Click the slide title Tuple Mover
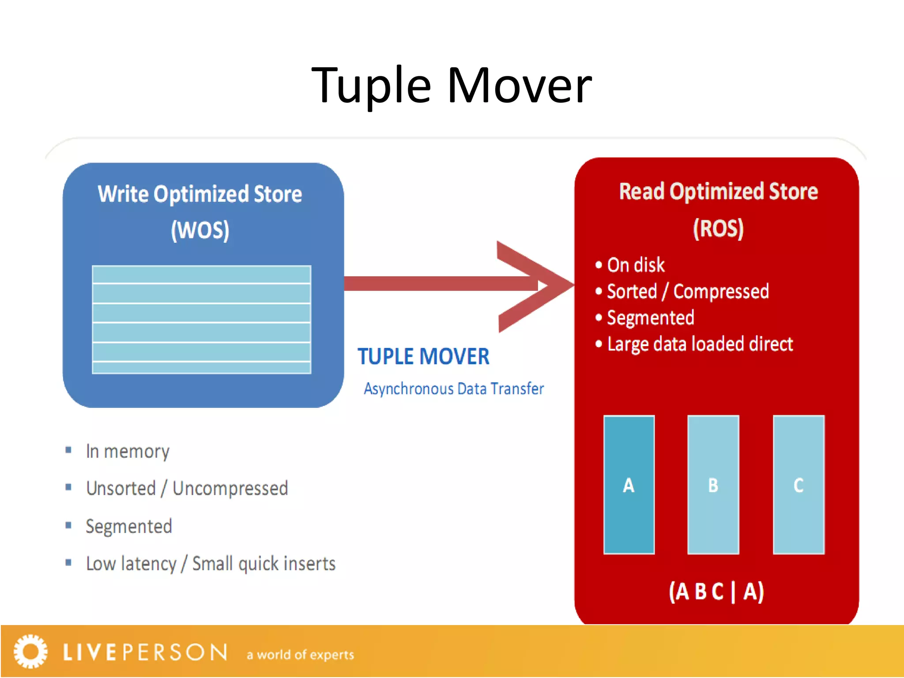click(x=451, y=85)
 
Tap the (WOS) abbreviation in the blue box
click(x=200, y=230)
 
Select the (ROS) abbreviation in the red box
click(x=718, y=228)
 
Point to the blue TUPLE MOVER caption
click(x=423, y=356)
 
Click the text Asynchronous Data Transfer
click(x=453, y=389)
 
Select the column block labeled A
click(x=629, y=485)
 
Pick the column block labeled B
click(x=713, y=485)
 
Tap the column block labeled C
click(x=798, y=485)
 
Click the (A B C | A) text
click(x=716, y=591)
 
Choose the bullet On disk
click(x=635, y=265)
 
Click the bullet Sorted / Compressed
click(x=687, y=291)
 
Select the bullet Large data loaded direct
click(x=700, y=344)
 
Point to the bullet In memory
click(x=128, y=451)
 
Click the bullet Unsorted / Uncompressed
click(x=187, y=489)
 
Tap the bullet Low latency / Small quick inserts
click(x=211, y=564)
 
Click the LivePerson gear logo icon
click(x=30, y=652)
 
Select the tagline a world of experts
click(x=300, y=655)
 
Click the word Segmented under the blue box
click(x=128, y=526)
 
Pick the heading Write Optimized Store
click(x=200, y=194)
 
